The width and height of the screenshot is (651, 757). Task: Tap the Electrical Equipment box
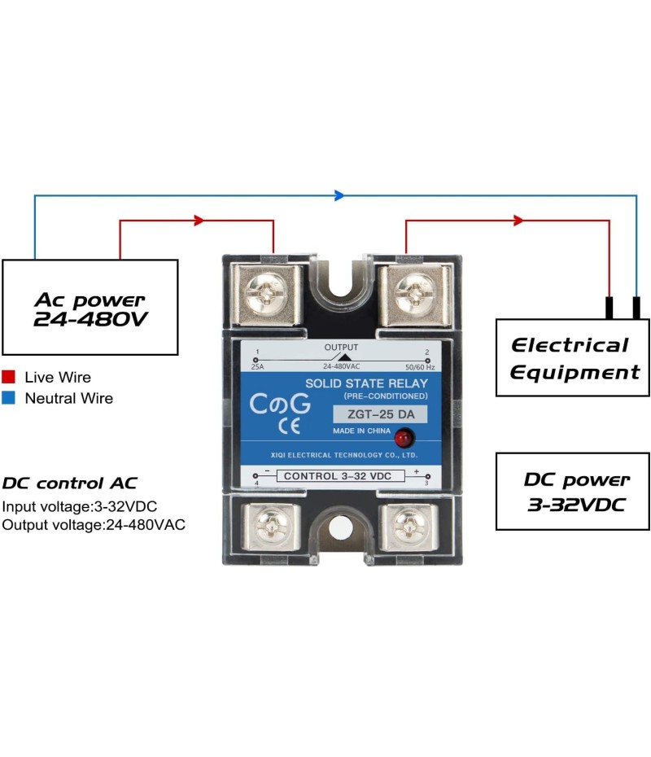pyautogui.click(x=573, y=357)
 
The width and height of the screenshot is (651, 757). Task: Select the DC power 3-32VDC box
pyautogui.click(x=573, y=492)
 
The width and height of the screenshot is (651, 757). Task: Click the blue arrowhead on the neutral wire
pyautogui.click(x=339, y=195)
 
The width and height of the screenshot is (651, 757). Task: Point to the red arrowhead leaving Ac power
pyautogui.click(x=198, y=220)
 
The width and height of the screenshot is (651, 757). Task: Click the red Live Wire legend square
pyautogui.click(x=9, y=378)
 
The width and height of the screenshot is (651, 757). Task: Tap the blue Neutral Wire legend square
pyautogui.click(x=9, y=399)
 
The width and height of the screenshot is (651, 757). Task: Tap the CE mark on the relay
pyautogui.click(x=288, y=426)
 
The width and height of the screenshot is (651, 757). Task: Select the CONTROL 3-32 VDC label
pyautogui.click(x=341, y=476)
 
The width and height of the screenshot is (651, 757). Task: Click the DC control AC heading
pyautogui.click(x=70, y=483)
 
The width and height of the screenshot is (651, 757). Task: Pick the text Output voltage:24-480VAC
pyautogui.click(x=94, y=525)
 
